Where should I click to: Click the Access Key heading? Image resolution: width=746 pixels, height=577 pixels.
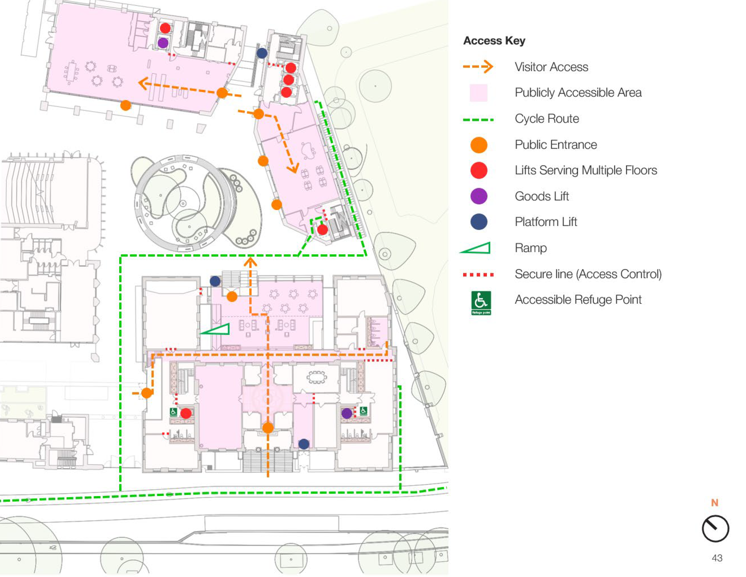click(x=494, y=41)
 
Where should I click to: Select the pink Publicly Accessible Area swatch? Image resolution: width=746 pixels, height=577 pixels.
click(x=479, y=93)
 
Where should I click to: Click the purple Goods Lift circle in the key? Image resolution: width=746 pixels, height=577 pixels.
click(x=479, y=196)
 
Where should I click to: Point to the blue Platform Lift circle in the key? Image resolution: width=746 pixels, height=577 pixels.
click(x=479, y=222)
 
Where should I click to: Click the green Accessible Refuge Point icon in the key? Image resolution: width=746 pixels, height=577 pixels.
click(x=481, y=303)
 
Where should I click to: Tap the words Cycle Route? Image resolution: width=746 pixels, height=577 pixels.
click(x=547, y=119)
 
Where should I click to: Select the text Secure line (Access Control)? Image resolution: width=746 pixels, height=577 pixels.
click(x=588, y=274)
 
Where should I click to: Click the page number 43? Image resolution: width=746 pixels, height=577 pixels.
click(x=717, y=558)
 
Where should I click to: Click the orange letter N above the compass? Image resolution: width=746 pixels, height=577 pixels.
click(x=715, y=503)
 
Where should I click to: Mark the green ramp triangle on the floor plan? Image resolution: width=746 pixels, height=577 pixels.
click(x=215, y=329)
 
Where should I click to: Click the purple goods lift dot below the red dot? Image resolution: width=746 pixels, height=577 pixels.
click(x=163, y=43)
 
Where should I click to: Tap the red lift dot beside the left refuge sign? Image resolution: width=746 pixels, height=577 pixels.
click(x=186, y=414)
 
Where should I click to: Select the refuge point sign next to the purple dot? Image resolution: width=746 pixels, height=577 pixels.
click(x=363, y=411)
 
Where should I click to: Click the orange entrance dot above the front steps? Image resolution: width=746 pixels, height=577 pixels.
click(x=268, y=428)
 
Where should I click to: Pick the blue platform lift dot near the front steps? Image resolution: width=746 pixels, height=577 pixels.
click(x=304, y=444)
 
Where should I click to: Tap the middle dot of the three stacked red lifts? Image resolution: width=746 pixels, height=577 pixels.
click(x=289, y=80)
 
